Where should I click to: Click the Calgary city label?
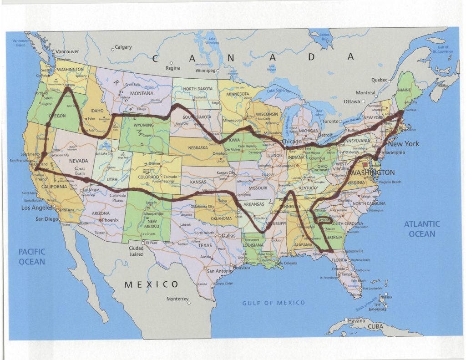123,47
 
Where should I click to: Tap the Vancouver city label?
67,52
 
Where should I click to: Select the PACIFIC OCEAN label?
32,256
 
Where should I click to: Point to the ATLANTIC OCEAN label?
422,229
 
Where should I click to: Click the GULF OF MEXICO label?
274,303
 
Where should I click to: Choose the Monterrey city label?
177,299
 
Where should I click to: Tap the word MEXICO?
152,284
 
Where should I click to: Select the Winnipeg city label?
204,71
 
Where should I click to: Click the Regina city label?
173,68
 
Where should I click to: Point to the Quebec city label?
379,80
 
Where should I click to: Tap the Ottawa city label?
351,101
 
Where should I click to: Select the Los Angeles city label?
37,208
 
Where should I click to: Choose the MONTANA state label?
141,93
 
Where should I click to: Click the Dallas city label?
229,236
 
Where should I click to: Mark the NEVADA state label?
78,161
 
